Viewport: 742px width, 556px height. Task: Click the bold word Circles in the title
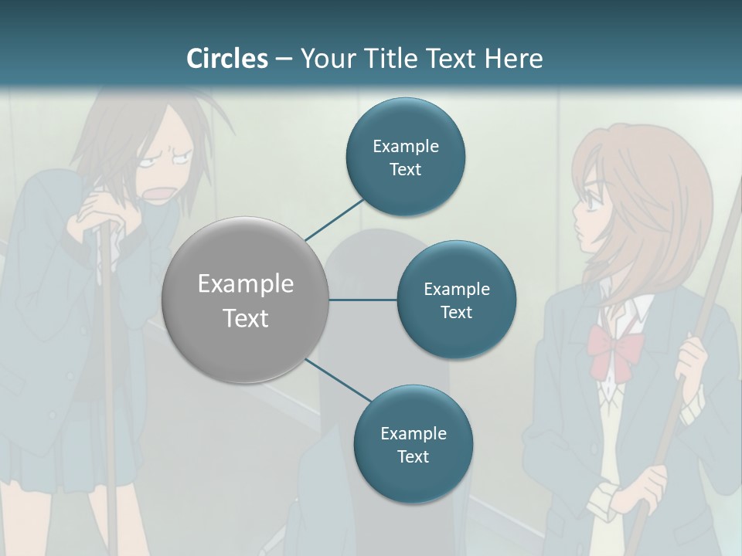pyautogui.click(x=227, y=59)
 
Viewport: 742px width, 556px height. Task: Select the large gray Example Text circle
pyautogui.click(x=245, y=300)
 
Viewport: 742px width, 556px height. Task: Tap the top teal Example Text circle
pyautogui.click(x=405, y=157)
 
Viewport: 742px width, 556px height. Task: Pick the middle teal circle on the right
pyautogui.click(x=456, y=300)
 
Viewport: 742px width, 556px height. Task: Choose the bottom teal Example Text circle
pyautogui.click(x=413, y=444)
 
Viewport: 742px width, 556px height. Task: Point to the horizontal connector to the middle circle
pyautogui.click(x=362, y=300)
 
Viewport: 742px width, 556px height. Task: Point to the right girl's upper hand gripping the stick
pyautogui.click(x=693, y=360)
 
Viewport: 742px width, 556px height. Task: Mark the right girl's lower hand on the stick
pyautogui.click(x=645, y=487)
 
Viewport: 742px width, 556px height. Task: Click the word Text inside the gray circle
pyautogui.click(x=245, y=317)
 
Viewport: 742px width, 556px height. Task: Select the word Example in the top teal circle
pyautogui.click(x=405, y=146)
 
